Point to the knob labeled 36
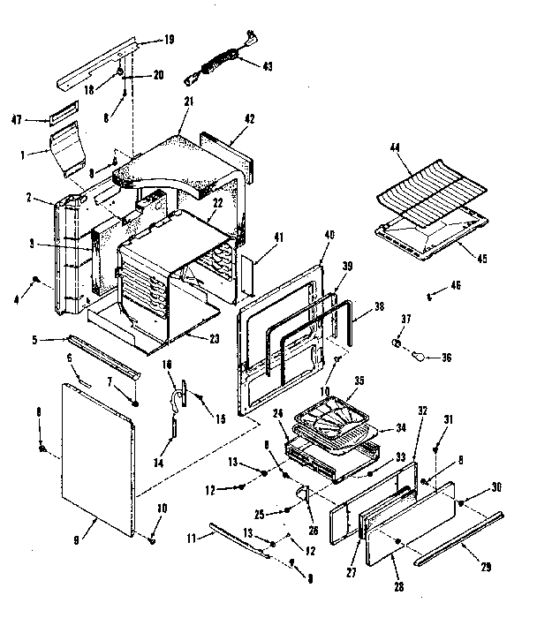tap(420, 356)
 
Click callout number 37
tap(406, 320)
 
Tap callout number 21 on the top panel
tap(187, 102)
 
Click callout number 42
tap(250, 117)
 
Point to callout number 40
tap(329, 235)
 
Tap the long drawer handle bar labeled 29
tap(459, 538)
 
